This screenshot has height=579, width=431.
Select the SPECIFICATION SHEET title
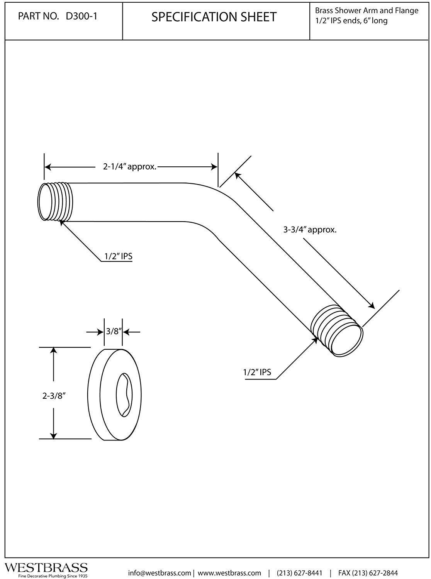[x=214, y=17]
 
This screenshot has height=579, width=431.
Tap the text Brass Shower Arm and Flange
[x=367, y=10]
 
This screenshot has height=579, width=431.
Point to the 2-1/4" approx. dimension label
[x=129, y=167]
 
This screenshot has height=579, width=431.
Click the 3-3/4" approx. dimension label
[x=310, y=230]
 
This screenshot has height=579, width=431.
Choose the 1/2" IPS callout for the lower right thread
[x=257, y=372]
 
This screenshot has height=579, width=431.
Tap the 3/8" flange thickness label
[x=114, y=331]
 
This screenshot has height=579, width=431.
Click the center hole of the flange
[x=124, y=394]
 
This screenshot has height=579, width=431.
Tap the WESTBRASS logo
[x=46, y=567]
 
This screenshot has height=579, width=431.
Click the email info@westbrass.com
[x=159, y=573]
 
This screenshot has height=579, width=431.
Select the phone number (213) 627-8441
[x=299, y=573]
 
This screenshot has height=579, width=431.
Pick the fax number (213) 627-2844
[x=368, y=573]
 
